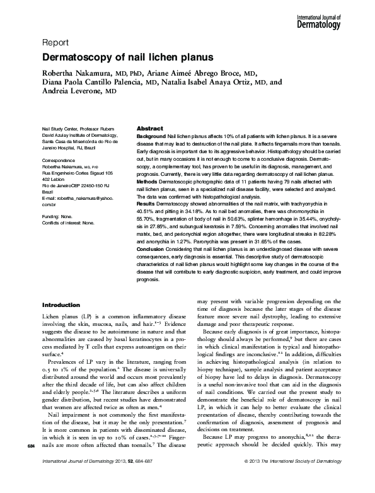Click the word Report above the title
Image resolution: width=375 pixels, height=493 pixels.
pyautogui.click(x=55, y=43)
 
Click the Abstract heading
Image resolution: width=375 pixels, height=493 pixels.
pyautogui.click(x=150, y=128)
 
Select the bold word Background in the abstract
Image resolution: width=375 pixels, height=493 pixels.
pyautogui.click(x=151, y=136)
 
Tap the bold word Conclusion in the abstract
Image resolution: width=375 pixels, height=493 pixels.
pyautogui.click(x=151, y=250)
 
